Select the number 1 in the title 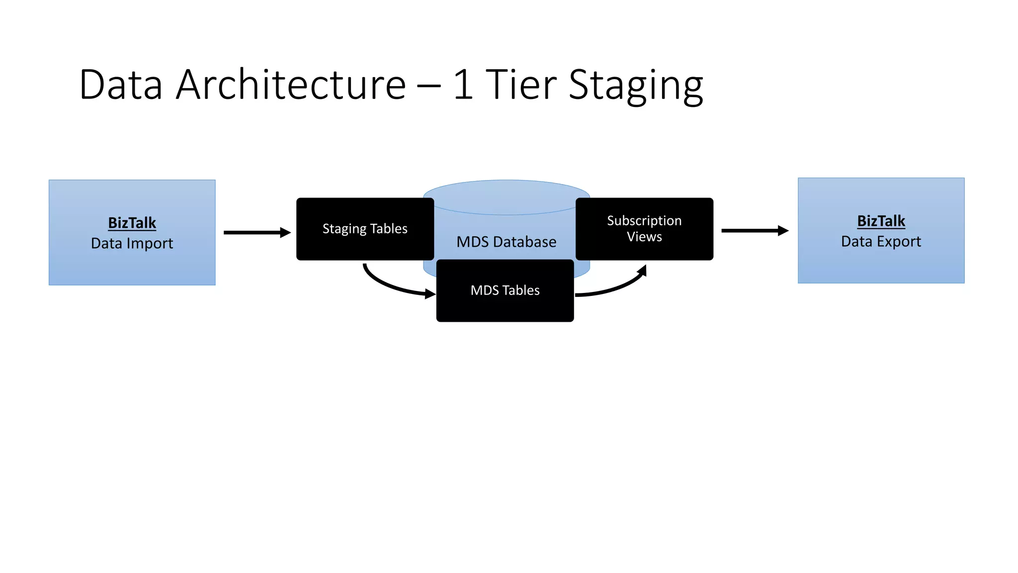463,85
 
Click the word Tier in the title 520,85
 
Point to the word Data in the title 121,85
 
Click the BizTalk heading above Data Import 132,223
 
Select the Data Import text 132,243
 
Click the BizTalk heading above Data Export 881,221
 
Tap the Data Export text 881,241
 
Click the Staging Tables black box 365,229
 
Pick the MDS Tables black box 505,290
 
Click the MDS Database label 506,242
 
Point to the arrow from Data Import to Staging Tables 256,232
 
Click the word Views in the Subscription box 644,237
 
